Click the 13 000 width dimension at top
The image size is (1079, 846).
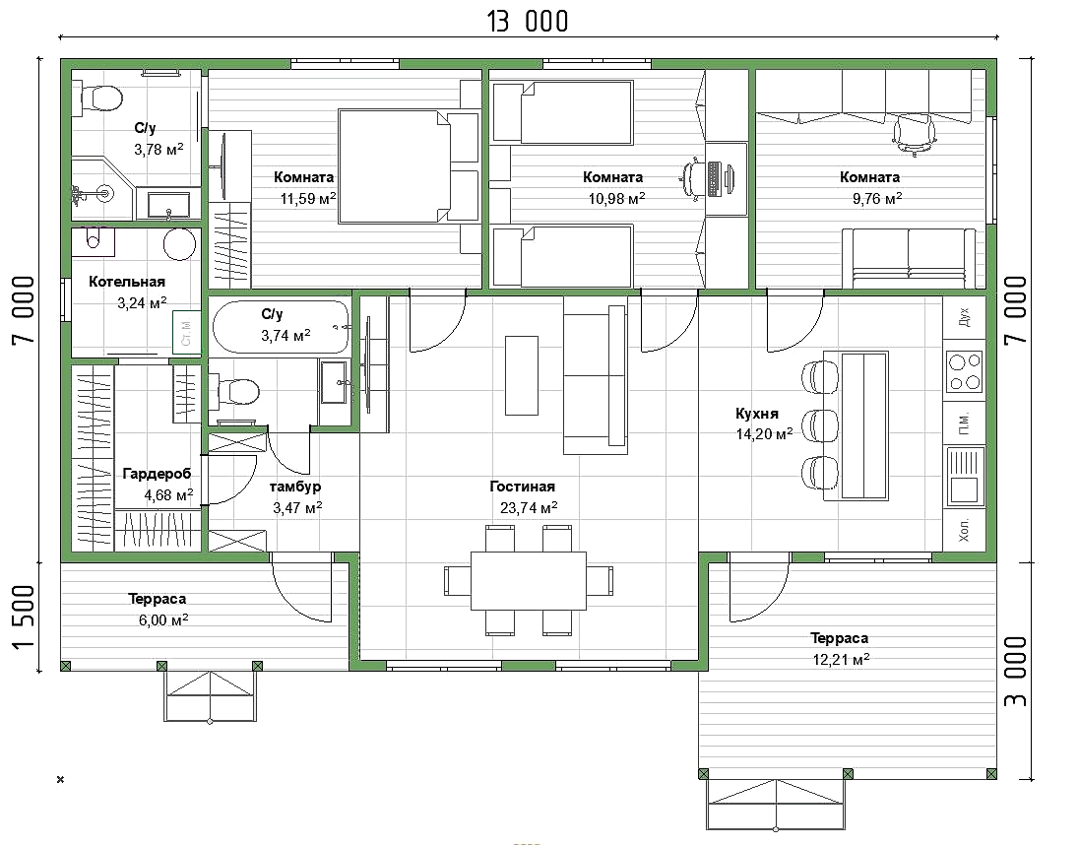click(x=528, y=22)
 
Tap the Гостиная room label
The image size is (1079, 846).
click(x=523, y=487)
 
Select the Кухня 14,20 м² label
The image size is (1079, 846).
click(x=764, y=423)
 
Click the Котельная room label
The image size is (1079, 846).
click(x=127, y=282)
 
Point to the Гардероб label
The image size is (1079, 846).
click(x=157, y=474)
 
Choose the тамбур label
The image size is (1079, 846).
click(x=295, y=487)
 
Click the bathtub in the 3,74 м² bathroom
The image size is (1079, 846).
click(x=281, y=327)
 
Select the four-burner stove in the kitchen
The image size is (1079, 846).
click(x=964, y=371)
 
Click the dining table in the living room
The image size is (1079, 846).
click(x=529, y=580)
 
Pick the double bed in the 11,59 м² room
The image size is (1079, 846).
click(x=409, y=165)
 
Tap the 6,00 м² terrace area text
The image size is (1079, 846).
click(x=163, y=620)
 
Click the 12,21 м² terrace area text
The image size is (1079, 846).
click(x=841, y=660)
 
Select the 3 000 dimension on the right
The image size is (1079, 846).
click(x=1016, y=671)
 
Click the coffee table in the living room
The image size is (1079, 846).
click(x=522, y=375)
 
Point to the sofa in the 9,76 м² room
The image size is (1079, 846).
click(x=909, y=259)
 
